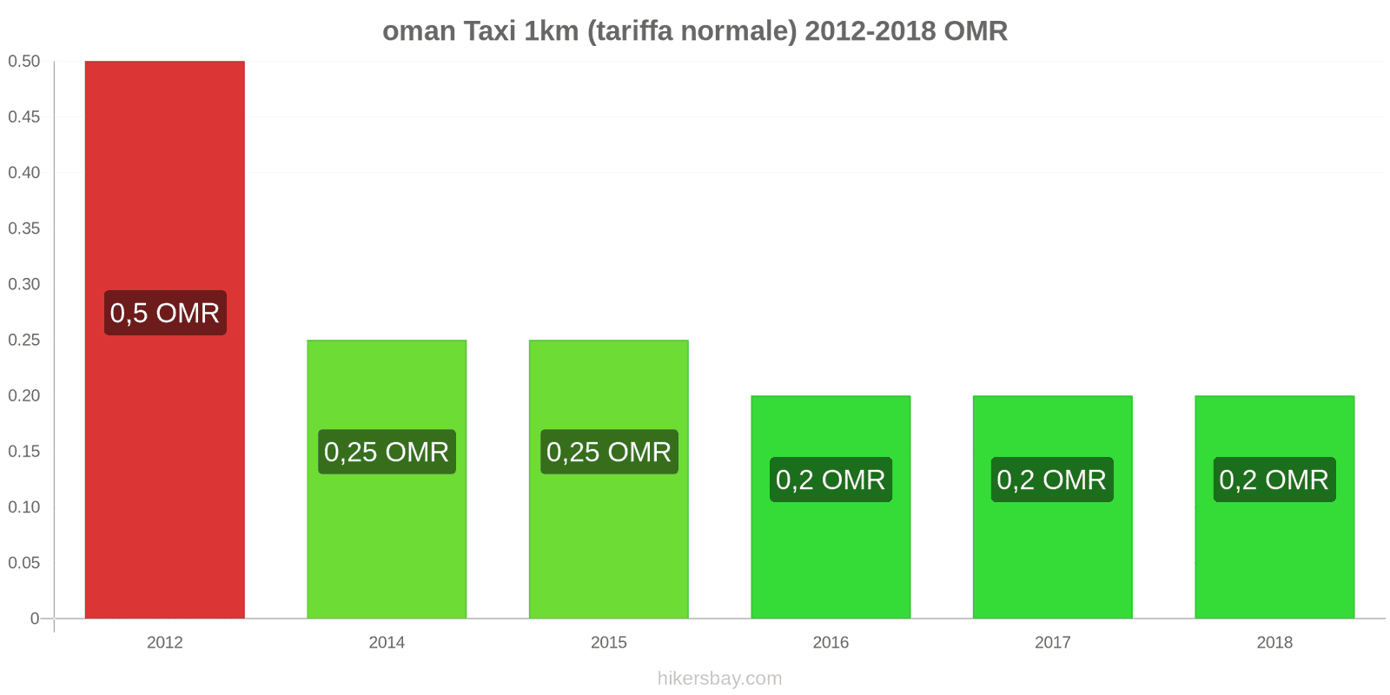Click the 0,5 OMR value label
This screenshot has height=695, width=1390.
tap(165, 313)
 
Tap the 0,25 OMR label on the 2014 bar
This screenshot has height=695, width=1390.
tap(387, 452)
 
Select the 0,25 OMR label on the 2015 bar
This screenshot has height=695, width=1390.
tap(609, 452)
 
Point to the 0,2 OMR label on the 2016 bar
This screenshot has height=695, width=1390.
tap(831, 480)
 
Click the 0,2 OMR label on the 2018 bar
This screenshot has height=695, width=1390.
tap(1274, 480)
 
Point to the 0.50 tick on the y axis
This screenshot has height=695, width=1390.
tap(24, 61)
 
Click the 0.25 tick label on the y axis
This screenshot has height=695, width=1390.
tap(24, 340)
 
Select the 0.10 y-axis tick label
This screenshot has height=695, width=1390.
tap(24, 506)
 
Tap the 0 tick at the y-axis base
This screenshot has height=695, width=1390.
tap(35, 619)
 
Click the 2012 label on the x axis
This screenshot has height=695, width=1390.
tap(164, 642)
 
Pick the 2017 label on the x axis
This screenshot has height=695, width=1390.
tap(1052, 642)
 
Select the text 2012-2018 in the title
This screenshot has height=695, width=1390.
tap(870, 31)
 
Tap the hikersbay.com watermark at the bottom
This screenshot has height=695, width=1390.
tap(719, 678)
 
